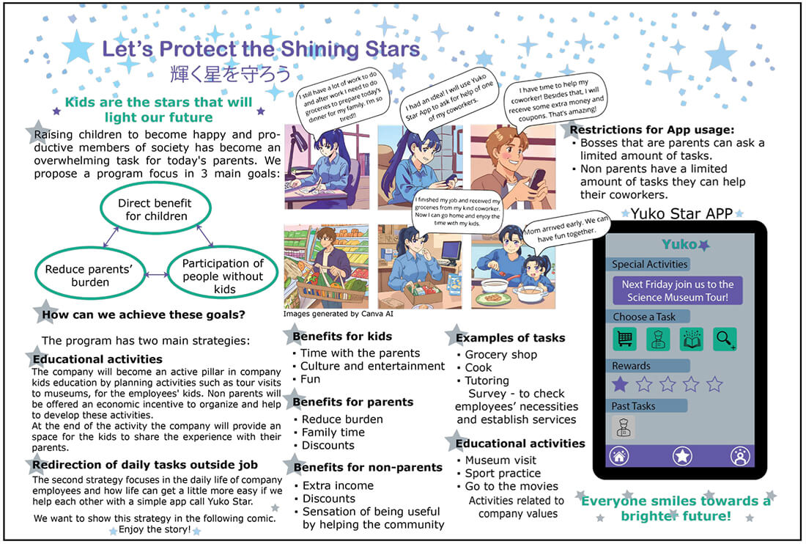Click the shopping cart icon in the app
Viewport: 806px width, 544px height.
(624, 339)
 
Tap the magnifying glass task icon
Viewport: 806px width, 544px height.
(725, 339)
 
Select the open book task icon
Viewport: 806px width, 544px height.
(692, 339)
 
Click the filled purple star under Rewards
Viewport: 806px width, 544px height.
(621, 383)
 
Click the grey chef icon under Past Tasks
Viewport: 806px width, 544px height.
(624, 427)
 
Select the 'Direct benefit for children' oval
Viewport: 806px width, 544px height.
(156, 185)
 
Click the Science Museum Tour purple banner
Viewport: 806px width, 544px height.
(678, 290)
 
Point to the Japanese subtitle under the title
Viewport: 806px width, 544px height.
(230, 74)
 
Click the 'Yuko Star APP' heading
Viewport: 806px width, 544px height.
(681, 213)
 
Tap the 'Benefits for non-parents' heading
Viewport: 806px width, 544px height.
(368, 468)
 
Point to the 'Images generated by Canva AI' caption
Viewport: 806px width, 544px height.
(339, 314)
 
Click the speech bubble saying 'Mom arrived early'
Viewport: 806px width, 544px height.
(566, 229)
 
